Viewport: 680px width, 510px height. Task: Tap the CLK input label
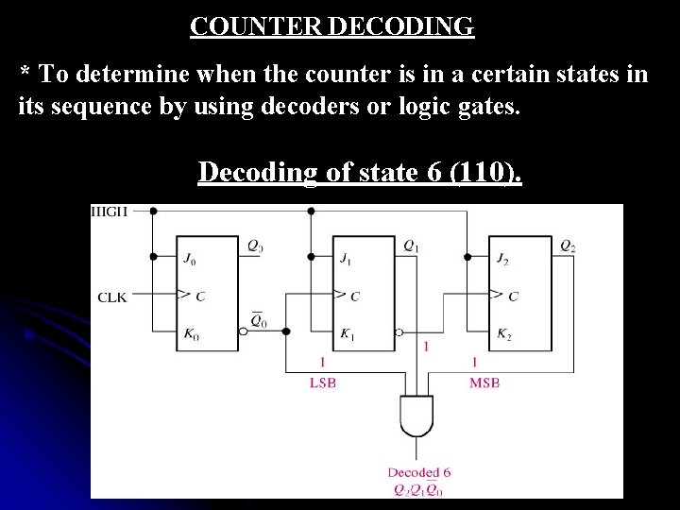(x=112, y=297)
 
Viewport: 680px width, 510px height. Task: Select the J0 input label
(x=192, y=256)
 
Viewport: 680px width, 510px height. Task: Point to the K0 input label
(x=192, y=333)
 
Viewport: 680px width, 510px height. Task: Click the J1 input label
(x=347, y=256)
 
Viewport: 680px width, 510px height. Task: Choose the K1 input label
(x=348, y=333)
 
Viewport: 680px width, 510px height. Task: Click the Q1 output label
(x=413, y=246)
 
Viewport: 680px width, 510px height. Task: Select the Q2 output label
(x=568, y=246)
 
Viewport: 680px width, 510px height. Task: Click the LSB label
(x=323, y=382)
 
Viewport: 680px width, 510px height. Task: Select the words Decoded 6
(x=419, y=472)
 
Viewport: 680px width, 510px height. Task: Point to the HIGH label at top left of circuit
(x=110, y=211)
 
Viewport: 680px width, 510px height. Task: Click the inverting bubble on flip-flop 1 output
(x=399, y=332)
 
